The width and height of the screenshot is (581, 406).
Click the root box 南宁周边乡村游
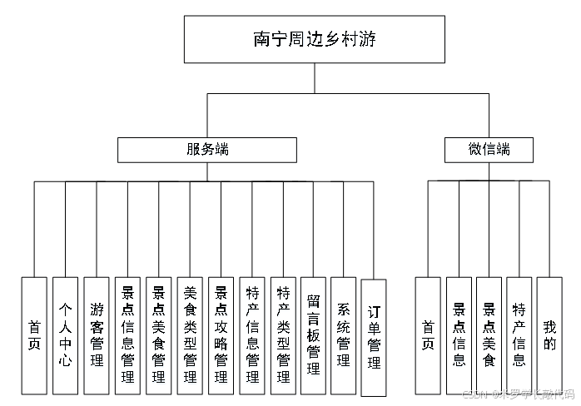point(314,39)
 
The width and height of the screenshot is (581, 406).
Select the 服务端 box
point(206,150)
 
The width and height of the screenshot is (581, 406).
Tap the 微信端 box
point(489,150)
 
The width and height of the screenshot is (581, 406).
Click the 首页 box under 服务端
point(34,335)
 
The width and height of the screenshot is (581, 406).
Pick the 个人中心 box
point(65,335)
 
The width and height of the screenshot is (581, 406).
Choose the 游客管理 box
point(97,335)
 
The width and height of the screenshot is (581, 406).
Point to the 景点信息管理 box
point(127,335)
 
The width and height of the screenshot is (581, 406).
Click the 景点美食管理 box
point(158,335)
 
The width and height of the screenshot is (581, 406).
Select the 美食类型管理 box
point(190,335)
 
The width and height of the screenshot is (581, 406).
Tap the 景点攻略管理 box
point(221,335)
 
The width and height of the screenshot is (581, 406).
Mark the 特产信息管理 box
point(252,335)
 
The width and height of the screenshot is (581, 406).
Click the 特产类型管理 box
point(283,335)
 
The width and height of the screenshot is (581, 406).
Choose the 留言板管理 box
point(313,335)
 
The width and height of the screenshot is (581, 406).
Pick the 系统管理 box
point(343,335)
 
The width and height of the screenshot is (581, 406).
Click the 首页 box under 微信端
point(428,335)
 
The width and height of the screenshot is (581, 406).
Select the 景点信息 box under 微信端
point(459,335)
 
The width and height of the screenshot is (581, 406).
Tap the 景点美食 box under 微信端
point(489,335)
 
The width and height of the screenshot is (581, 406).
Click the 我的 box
point(549,335)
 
